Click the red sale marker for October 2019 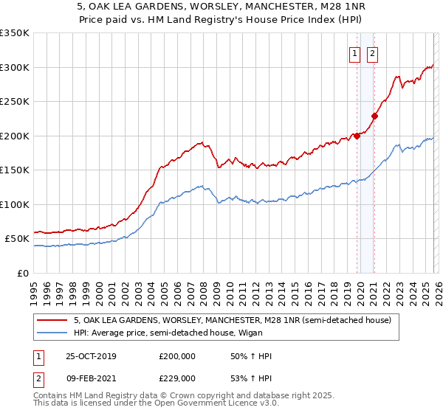pyautogui.click(x=357, y=136)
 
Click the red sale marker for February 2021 pyautogui.click(x=374, y=116)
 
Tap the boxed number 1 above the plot pyautogui.click(x=355, y=53)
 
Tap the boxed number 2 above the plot pyautogui.click(x=371, y=53)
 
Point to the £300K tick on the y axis pyautogui.click(x=15, y=67)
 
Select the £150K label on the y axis pyautogui.click(x=15, y=170)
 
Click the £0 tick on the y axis pyautogui.click(x=24, y=274)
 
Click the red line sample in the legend pyautogui.click(x=53, y=321)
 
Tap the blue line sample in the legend pyautogui.click(x=53, y=333)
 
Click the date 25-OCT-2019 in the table pyautogui.click(x=91, y=357)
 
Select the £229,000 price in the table pyautogui.click(x=177, y=378)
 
